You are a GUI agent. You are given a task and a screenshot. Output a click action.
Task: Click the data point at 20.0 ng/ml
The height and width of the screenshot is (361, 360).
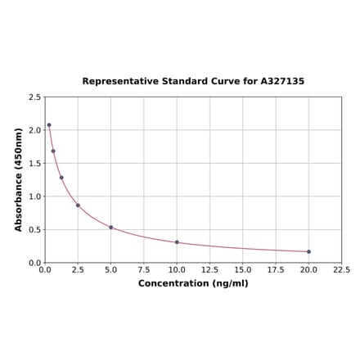point(308,251)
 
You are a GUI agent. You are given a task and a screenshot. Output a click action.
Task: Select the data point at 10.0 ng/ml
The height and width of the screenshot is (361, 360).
point(177,242)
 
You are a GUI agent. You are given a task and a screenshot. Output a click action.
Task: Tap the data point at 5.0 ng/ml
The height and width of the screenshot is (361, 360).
point(110,227)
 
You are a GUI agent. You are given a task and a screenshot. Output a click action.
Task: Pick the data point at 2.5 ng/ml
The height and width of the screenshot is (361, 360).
point(78,205)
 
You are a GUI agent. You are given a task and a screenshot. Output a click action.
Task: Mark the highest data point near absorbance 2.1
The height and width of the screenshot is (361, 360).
point(49,125)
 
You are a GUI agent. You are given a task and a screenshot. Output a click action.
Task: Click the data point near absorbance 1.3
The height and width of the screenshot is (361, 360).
point(61,178)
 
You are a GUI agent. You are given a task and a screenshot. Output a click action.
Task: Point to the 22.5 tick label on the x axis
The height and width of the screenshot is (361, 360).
point(341,269)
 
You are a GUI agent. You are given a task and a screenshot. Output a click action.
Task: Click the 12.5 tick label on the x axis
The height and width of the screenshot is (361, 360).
point(209,269)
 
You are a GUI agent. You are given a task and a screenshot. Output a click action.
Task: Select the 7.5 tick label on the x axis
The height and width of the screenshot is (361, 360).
point(143,269)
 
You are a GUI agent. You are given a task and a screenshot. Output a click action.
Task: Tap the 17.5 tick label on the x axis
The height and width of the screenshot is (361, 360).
point(276,269)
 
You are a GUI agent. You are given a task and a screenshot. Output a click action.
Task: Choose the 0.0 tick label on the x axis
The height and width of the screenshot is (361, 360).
point(45,269)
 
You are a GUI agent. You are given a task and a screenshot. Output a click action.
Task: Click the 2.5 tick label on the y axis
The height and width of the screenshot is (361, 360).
point(35,97)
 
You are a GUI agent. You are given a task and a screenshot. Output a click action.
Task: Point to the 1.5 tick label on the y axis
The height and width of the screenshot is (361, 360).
point(35,164)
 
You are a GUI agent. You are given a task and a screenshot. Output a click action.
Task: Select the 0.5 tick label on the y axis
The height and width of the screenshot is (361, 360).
point(35,230)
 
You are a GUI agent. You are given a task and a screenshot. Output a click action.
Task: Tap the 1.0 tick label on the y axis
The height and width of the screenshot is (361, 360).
point(35,196)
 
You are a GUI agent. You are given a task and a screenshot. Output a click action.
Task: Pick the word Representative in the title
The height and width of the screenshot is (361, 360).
point(119,82)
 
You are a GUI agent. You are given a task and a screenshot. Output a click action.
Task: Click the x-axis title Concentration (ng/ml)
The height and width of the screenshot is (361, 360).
point(193,283)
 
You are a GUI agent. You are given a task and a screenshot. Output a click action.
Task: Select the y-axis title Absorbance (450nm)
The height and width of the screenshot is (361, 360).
point(19,179)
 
